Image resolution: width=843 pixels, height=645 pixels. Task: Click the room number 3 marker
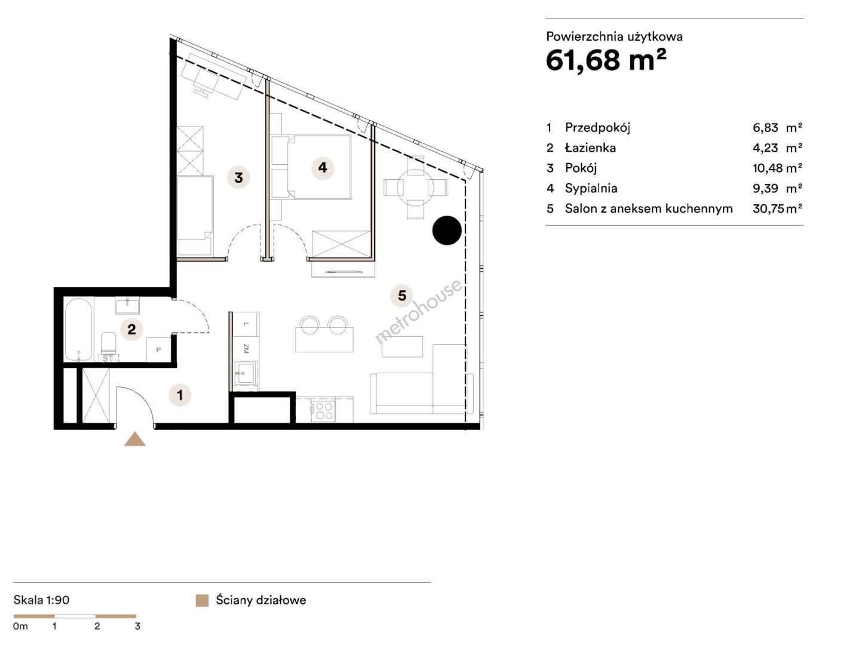238,177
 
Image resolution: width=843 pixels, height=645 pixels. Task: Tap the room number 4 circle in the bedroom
322,167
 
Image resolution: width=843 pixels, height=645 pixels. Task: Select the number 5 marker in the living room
401,295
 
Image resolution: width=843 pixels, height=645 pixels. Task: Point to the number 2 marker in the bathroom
131,329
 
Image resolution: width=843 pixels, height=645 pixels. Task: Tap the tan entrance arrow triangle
135,439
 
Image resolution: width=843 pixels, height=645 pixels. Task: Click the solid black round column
447,231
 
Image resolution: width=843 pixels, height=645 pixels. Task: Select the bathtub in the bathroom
78,330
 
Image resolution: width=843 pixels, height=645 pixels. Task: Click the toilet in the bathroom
108,343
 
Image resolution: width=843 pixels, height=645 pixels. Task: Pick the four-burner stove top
323,410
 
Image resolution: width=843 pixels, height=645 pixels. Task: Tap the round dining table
415,188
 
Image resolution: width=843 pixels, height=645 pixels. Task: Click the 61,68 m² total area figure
606,60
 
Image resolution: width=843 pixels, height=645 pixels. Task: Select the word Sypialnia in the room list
591,188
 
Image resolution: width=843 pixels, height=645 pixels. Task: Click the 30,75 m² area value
777,208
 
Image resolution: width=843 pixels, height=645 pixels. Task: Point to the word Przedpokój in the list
597,127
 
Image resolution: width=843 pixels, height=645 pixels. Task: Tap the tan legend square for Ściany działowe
202,600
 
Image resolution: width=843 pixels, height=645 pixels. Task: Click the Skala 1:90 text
41,600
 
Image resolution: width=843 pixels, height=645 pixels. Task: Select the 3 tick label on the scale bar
137,626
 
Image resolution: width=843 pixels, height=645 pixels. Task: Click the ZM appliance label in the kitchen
246,349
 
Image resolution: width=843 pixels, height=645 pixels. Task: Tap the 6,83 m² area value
777,127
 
